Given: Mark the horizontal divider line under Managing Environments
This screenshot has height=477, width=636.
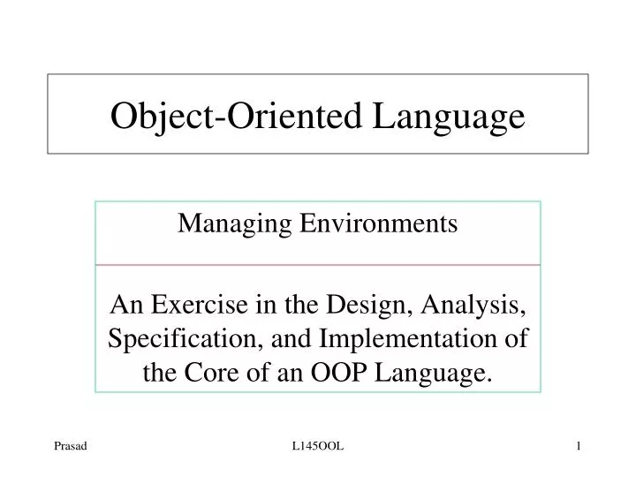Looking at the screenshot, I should [318, 264].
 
